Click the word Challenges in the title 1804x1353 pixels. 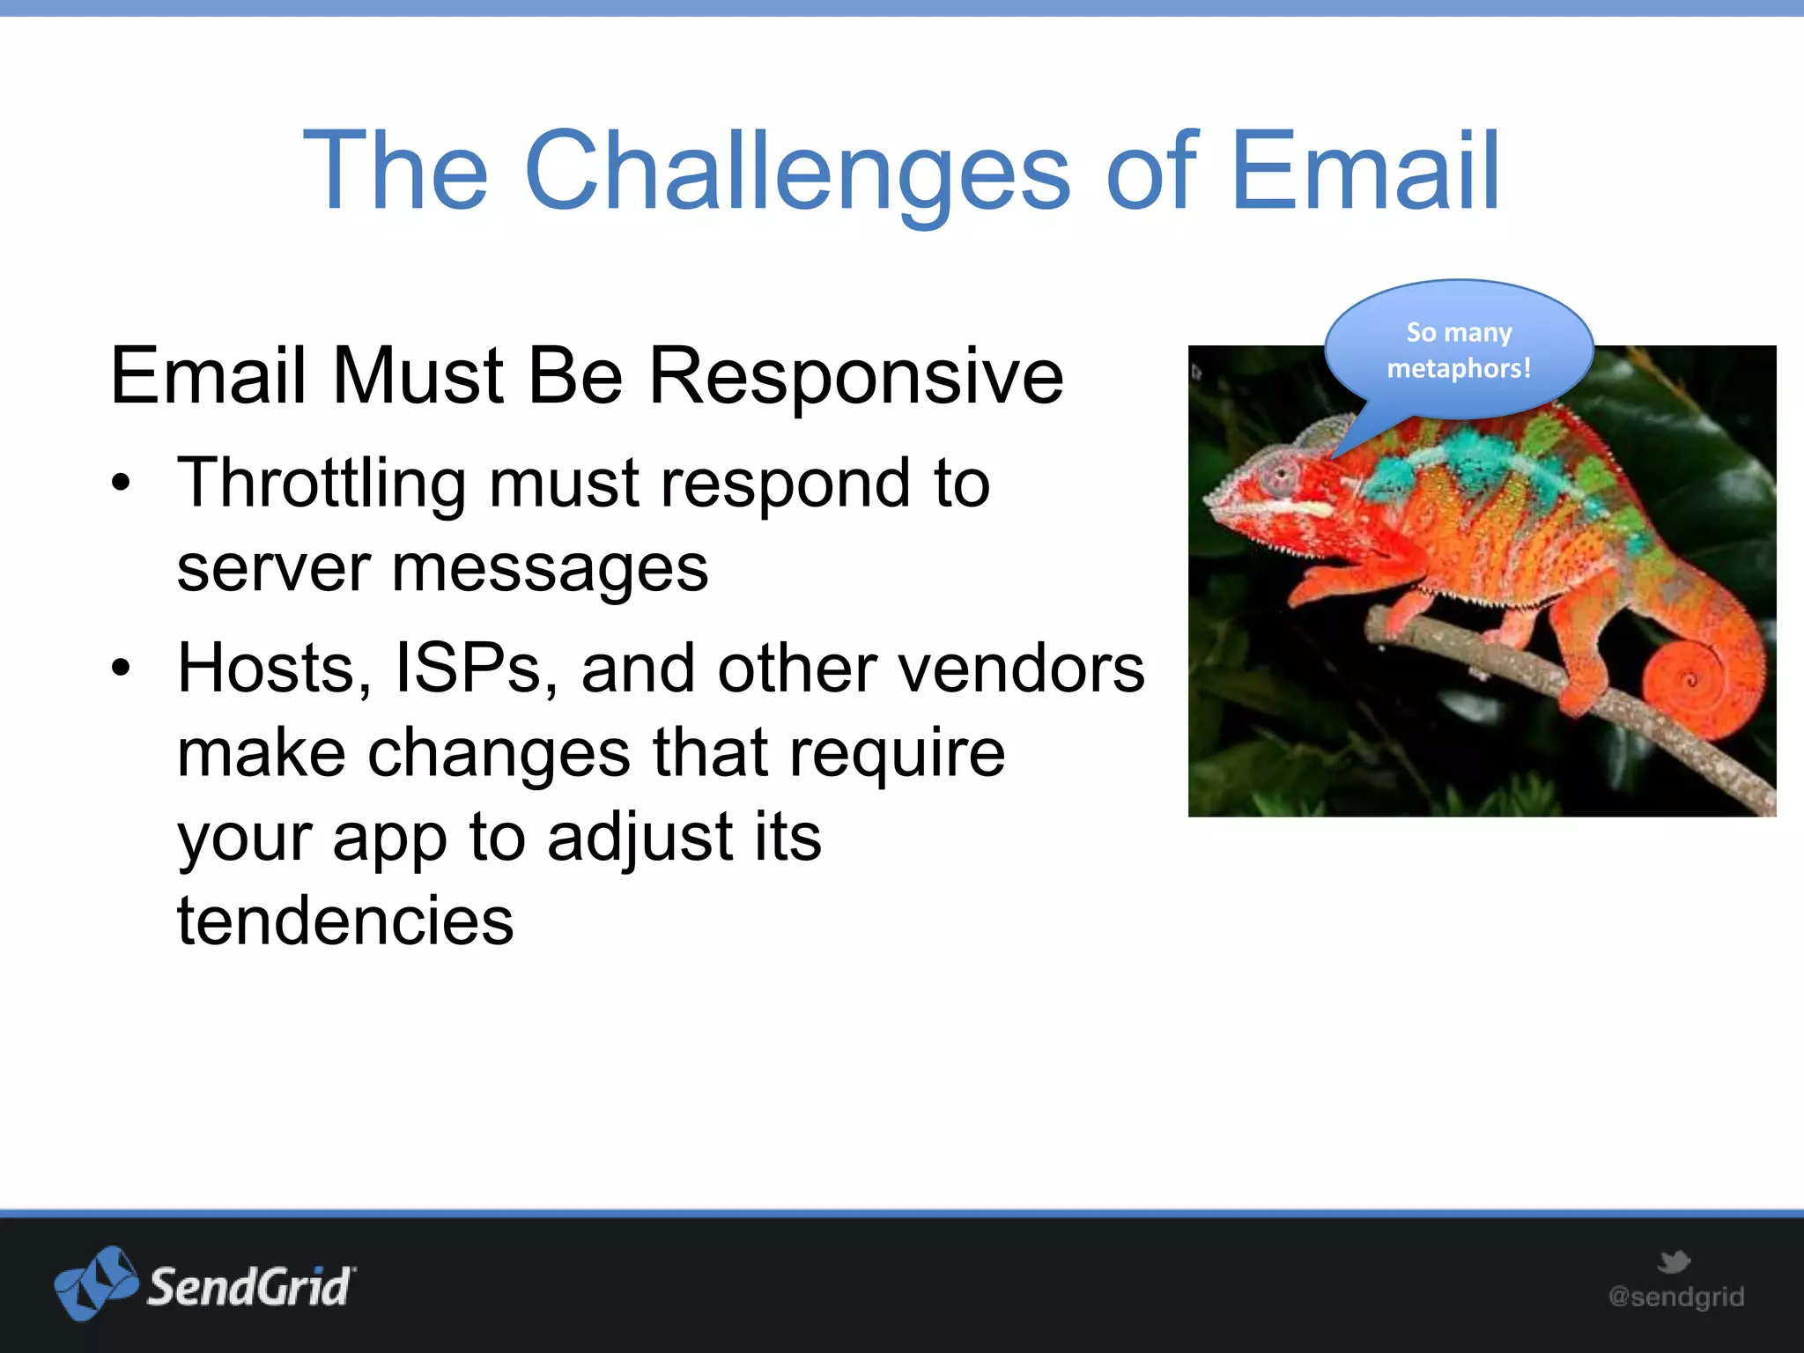click(x=797, y=172)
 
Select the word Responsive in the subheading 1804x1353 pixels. click(x=855, y=377)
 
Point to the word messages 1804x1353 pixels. click(x=550, y=568)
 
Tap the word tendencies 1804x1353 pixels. click(x=344, y=920)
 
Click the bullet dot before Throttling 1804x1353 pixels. click(x=121, y=483)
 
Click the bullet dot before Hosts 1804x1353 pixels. click(x=121, y=669)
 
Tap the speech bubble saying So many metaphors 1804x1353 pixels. click(x=1459, y=351)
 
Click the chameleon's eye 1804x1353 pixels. click(x=1280, y=477)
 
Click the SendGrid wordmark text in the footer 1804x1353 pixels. click(x=250, y=1287)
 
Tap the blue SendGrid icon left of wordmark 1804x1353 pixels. click(x=95, y=1283)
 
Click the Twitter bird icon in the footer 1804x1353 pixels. click(x=1673, y=1261)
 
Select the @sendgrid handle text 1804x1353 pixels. click(x=1675, y=1297)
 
